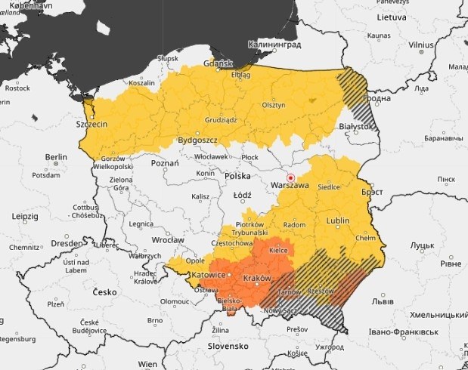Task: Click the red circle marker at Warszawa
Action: [x=290, y=177]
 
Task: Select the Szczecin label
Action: [x=91, y=124]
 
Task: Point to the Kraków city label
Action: [x=256, y=279]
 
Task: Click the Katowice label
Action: [x=209, y=275]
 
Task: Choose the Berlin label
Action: [x=56, y=157]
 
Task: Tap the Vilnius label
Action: [x=421, y=45]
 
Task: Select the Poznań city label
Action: [x=165, y=162]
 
